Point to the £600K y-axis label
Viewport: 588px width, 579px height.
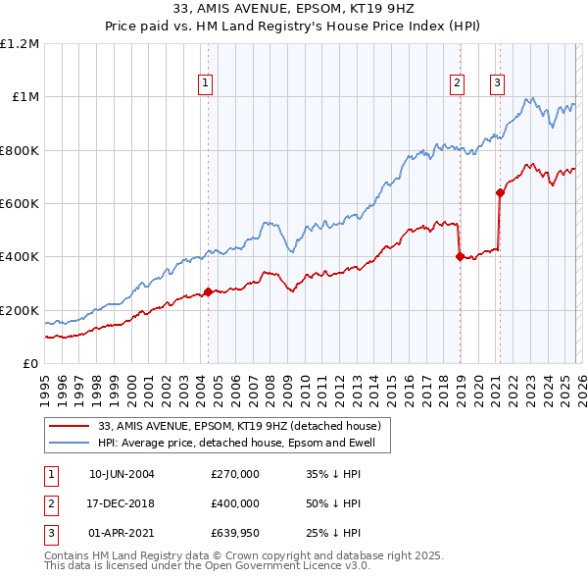click(x=20, y=204)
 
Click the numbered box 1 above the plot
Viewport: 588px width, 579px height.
click(x=206, y=84)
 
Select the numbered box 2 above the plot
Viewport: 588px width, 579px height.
click(x=458, y=84)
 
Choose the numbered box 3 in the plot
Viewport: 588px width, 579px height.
click(x=497, y=84)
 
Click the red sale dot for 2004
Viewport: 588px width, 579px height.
click(x=208, y=291)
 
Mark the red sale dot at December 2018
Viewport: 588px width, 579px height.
click(x=460, y=257)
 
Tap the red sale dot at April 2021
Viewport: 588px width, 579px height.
click(x=500, y=192)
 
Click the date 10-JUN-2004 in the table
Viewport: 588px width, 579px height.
click(x=122, y=474)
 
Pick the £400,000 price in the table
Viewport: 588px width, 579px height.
click(x=235, y=504)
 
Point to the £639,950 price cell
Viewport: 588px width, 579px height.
click(x=235, y=535)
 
